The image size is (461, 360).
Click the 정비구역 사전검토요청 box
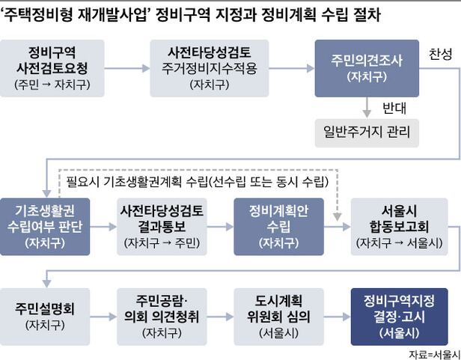pyautogui.click(x=51, y=67)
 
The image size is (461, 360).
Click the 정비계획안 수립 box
pyautogui.click(x=278, y=225)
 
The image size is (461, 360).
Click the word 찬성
pyautogui.click(x=440, y=56)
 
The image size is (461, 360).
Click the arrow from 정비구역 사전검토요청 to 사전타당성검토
pyautogui.click(x=127, y=68)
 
